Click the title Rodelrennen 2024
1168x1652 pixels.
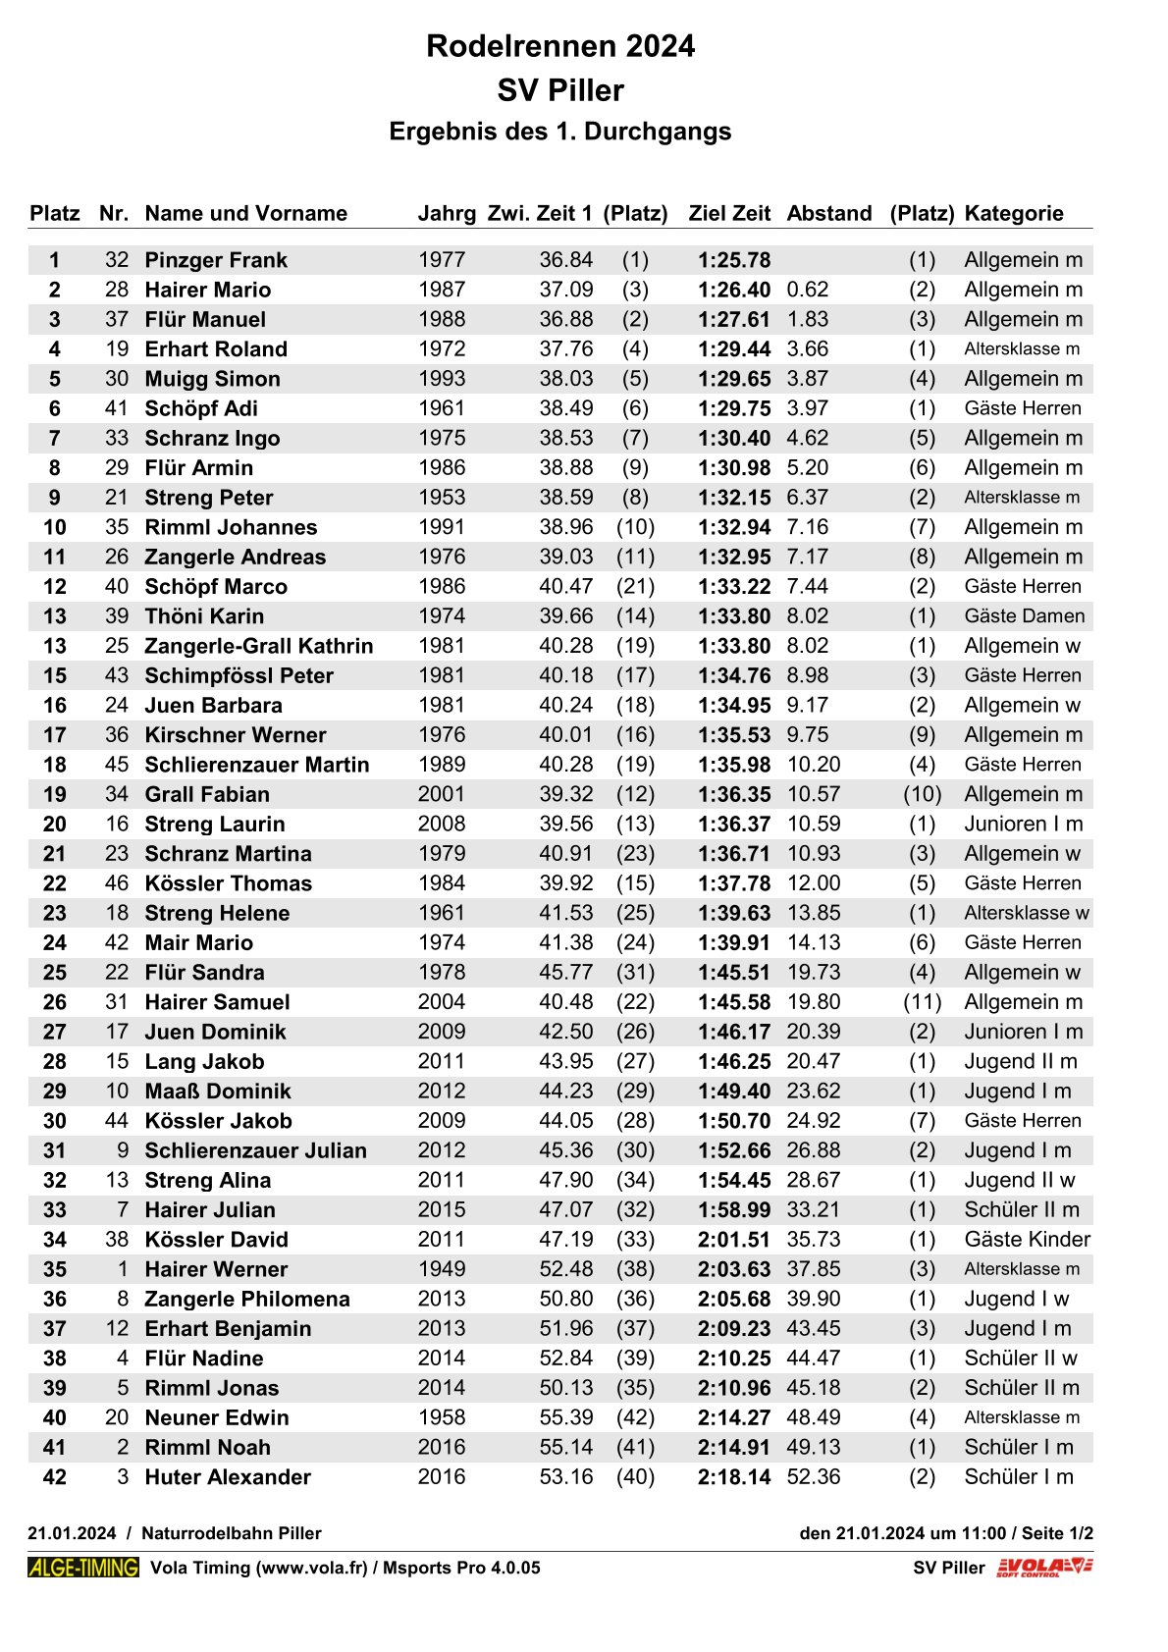pos(559,46)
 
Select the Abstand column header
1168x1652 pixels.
pos(828,213)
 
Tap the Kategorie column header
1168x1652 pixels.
pos(1013,213)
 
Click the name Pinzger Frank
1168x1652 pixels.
pos(216,260)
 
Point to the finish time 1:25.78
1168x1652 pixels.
pos(734,260)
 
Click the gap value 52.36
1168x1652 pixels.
pos(813,1477)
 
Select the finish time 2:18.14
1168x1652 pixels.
pos(734,1477)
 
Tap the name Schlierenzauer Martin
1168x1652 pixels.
pos(257,765)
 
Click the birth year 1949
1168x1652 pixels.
pos(442,1269)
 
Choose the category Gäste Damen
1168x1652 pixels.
pos(1024,616)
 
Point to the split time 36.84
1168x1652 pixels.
pos(565,260)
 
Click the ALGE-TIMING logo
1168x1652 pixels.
pos(83,1568)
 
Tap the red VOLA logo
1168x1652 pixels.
pos(1044,1568)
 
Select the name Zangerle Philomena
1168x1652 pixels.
pos(247,1299)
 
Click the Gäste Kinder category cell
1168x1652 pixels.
pos(1027,1240)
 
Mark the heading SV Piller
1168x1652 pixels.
pos(559,90)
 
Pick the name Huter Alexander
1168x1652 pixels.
pos(228,1477)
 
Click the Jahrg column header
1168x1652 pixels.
pos(447,213)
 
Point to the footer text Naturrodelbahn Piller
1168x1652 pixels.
pos(232,1533)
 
